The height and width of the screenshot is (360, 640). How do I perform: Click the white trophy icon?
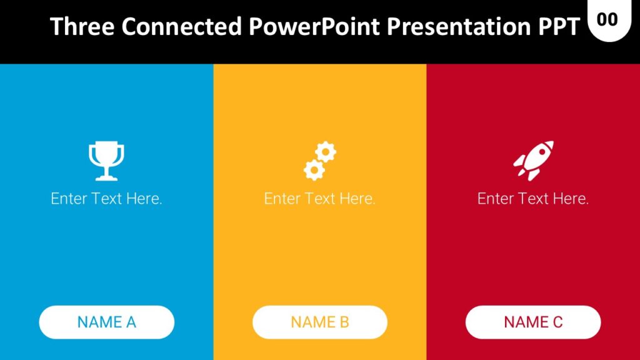pos(106,161)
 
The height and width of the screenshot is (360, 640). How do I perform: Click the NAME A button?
pos(107,322)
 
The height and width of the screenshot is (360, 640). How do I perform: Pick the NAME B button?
pos(320,322)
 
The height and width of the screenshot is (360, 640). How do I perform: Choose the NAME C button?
pos(533,322)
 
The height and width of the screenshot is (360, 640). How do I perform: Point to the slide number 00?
pos(607,19)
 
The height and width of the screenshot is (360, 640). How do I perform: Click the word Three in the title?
pos(82,27)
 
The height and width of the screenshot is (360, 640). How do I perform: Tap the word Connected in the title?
pos(181,27)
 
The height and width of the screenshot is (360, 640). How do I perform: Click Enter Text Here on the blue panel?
pos(107,199)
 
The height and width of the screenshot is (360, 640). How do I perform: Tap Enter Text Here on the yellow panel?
pos(320,199)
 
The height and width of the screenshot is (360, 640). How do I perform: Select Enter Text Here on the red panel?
pos(533,199)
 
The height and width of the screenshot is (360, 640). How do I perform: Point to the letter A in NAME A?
pos(131,322)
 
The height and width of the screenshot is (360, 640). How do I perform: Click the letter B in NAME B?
pos(344,322)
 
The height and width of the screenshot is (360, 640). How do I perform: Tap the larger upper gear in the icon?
pos(326,152)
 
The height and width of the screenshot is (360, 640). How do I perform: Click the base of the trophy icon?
pos(106,176)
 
